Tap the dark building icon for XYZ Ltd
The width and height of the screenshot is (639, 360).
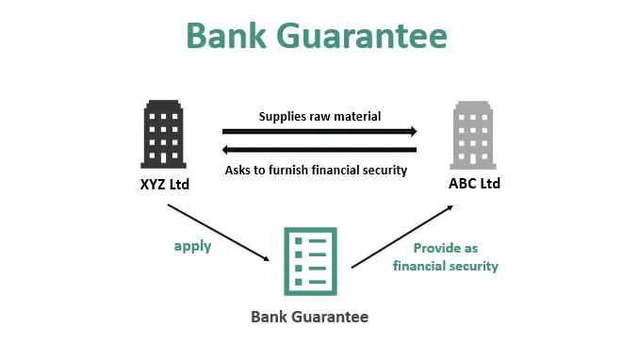[x=162, y=135]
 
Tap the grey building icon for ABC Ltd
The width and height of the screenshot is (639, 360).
[x=474, y=135]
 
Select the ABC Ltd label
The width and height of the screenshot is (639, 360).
[x=474, y=183]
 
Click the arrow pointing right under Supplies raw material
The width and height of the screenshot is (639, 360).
[x=319, y=132]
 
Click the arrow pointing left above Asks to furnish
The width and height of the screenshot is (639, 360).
[x=319, y=149]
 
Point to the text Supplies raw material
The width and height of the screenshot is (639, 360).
[x=319, y=117]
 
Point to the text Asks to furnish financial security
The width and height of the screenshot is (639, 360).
[x=316, y=171]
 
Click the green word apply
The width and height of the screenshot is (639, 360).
[x=191, y=245]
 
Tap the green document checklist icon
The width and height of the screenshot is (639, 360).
[x=310, y=261]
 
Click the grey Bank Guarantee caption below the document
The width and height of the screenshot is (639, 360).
[x=309, y=317]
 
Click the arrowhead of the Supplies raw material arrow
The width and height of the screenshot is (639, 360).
[x=412, y=132]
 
